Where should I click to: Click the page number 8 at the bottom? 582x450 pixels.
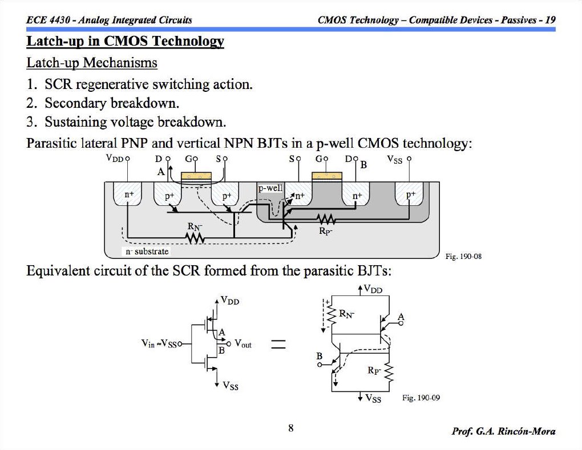tap(291, 428)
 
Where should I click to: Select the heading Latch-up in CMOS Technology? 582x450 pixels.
tap(126, 42)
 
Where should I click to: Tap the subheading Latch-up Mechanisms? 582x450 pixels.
tap(92, 62)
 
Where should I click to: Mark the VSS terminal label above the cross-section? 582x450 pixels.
tap(395, 160)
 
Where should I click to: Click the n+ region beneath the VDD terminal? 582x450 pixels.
tap(129, 194)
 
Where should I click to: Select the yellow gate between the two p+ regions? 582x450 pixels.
tap(196, 177)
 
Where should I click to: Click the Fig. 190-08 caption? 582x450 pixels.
tap(463, 257)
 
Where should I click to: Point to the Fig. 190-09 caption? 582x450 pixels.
tap(421, 398)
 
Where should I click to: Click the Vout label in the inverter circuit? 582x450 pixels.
tap(242, 344)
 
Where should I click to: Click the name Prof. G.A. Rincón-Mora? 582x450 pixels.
tap(503, 431)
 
